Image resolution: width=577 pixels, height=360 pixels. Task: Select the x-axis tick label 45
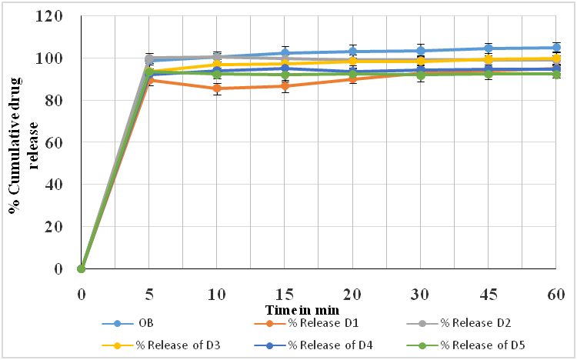coord(488,293)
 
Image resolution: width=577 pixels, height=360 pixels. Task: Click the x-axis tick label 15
coord(285,293)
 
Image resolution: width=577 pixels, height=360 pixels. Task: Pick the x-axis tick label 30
coord(420,293)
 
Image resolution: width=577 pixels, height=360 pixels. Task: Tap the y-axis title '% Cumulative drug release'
coord(22,142)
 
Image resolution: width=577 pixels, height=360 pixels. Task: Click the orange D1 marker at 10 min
coord(217,88)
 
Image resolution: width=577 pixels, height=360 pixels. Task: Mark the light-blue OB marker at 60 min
coord(555,48)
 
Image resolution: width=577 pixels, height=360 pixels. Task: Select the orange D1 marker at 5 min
coord(149,80)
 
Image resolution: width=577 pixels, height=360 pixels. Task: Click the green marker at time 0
coord(82,268)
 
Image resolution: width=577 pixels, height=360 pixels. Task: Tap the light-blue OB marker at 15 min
coord(285,53)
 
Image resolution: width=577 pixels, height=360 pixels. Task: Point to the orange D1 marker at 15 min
coord(285,86)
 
